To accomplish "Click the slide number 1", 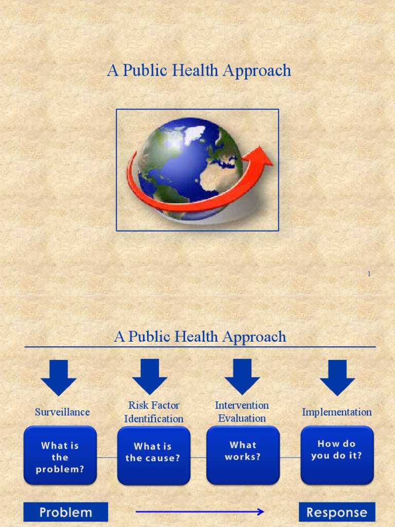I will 369,274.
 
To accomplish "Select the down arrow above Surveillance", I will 59,377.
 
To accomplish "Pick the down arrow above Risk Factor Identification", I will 150,377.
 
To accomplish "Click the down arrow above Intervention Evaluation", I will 242,377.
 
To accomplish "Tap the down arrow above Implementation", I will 337,377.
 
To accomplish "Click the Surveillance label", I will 62,412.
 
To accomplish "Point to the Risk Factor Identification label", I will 154,412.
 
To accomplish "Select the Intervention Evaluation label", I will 242,412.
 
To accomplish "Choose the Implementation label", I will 337,412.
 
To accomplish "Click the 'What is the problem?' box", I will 60,455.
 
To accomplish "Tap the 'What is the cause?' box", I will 153,455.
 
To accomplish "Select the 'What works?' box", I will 243,455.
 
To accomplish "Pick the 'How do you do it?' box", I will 337,455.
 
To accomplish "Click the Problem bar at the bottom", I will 66,512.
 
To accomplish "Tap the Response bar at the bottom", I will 337,512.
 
